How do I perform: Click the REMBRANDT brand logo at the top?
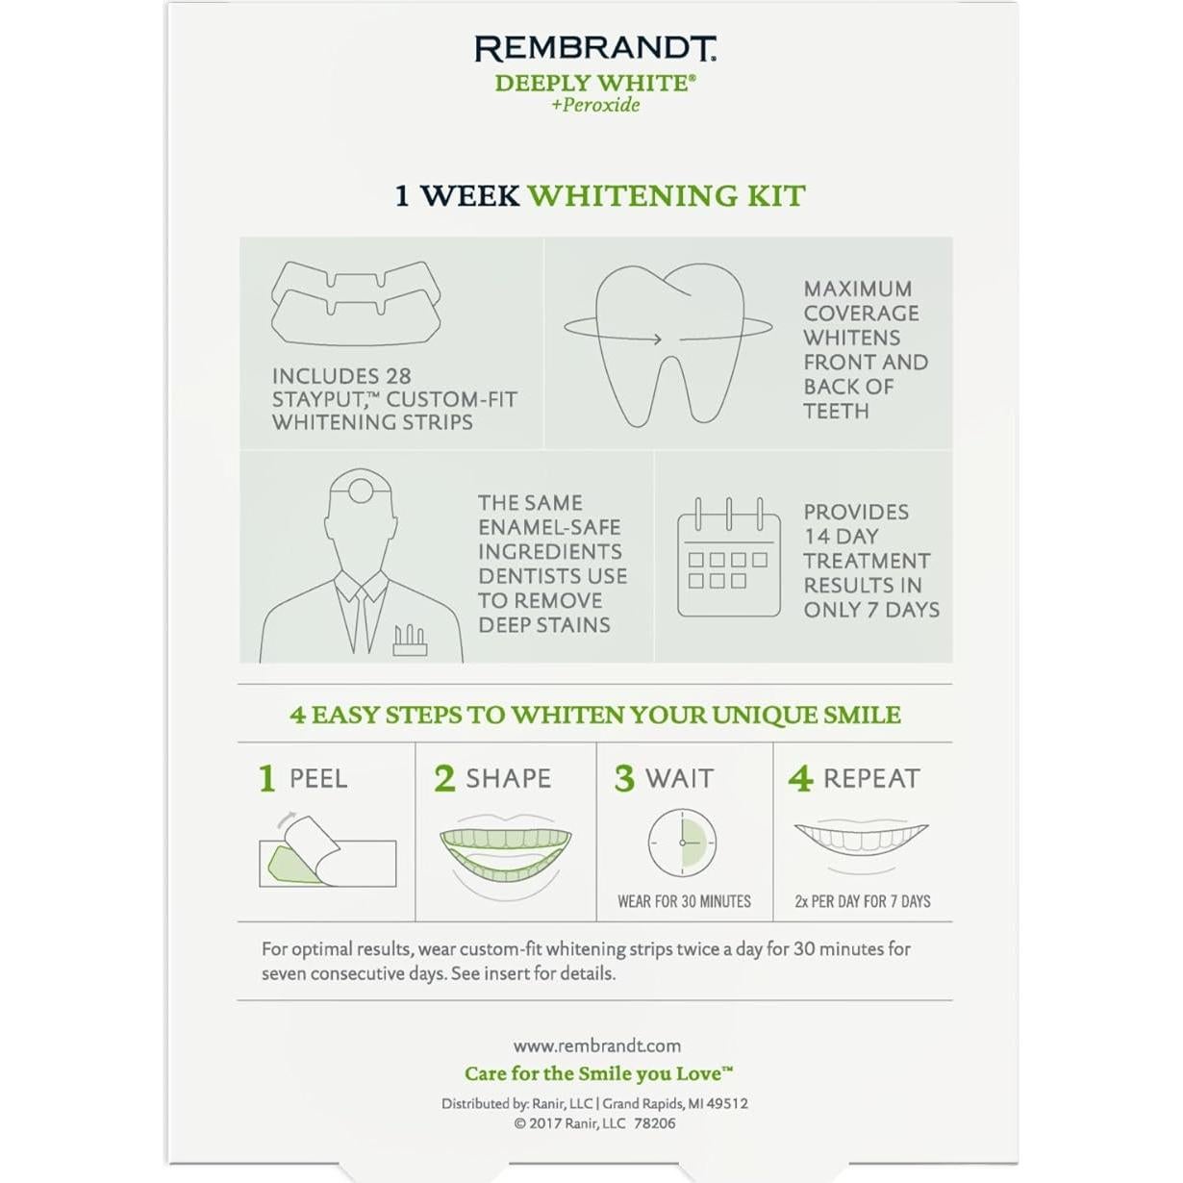pyautogui.click(x=595, y=49)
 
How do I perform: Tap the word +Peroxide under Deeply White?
pyautogui.click(x=595, y=106)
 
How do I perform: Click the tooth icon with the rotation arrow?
pyautogui.click(x=668, y=341)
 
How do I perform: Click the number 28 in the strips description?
pyautogui.click(x=397, y=376)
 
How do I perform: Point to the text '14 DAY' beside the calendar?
pyautogui.click(x=841, y=537)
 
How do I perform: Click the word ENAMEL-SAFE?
pyautogui.click(x=549, y=527)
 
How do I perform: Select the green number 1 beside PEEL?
pyautogui.click(x=267, y=778)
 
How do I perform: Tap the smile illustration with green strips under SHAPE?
pyautogui.click(x=505, y=855)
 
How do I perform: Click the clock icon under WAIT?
pyautogui.click(x=682, y=843)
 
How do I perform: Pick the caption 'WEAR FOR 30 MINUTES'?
pyautogui.click(x=684, y=902)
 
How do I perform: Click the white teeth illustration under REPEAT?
pyautogui.click(x=860, y=839)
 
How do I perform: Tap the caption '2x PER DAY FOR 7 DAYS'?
pyautogui.click(x=862, y=902)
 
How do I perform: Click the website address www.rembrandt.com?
pyautogui.click(x=596, y=1046)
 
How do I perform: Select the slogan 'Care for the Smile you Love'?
pyautogui.click(x=597, y=1074)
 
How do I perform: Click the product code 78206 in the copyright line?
pyautogui.click(x=654, y=1123)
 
